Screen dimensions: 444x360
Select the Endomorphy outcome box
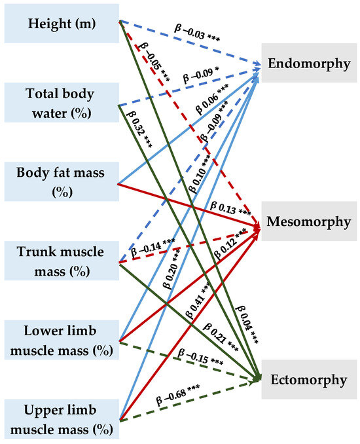(x=309, y=64)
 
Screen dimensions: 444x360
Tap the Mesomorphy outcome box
(x=309, y=221)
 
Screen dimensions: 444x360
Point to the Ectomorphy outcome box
(x=309, y=379)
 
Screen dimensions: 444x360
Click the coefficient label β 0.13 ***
(x=230, y=210)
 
